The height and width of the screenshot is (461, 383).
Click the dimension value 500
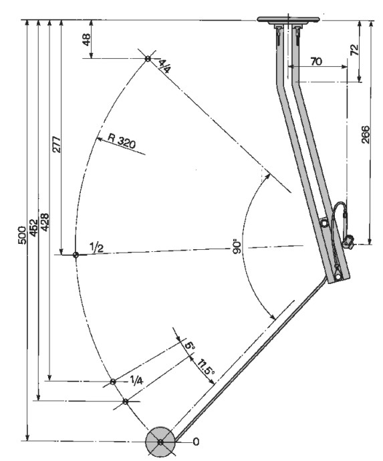coord(22,235)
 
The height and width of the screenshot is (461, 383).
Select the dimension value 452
coord(34,228)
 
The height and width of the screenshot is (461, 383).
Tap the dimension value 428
coord(45,222)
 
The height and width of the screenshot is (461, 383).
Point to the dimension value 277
coord(56,144)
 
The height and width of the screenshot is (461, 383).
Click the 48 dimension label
coord(86,39)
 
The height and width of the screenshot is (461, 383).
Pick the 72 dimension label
coord(354,49)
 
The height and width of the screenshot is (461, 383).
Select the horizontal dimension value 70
coord(316,61)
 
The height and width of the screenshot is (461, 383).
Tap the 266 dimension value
coord(365,134)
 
